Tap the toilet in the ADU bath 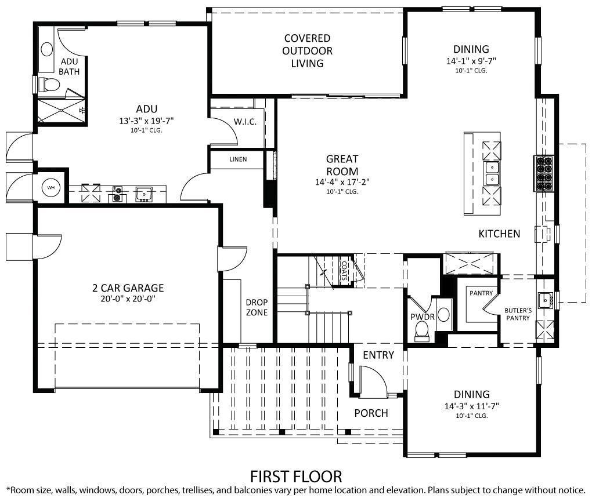point(50,85)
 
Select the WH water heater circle point(50,188)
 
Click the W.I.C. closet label point(245,121)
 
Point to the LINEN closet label point(238,159)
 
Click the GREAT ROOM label point(342,165)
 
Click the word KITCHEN point(499,234)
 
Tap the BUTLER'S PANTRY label point(517,314)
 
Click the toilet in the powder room point(422,330)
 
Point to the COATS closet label point(344,270)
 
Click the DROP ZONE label point(257,307)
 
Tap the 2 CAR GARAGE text point(128,288)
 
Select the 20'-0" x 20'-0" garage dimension point(128,299)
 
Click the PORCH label point(371,413)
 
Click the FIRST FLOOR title point(296,476)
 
